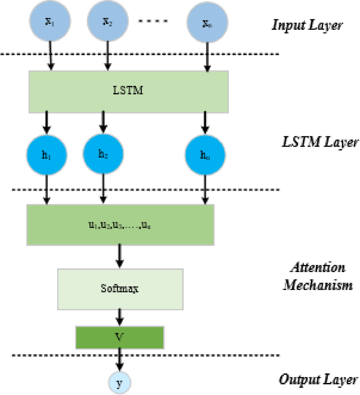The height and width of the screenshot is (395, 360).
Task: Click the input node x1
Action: click(x=50, y=21)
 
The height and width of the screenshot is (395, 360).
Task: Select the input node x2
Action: click(x=108, y=21)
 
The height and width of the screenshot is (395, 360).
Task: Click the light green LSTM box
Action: click(x=129, y=90)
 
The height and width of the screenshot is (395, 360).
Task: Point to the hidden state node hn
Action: click(x=205, y=155)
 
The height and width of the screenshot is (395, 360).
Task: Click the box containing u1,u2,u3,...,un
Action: click(x=120, y=224)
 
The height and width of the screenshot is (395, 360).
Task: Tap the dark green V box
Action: click(x=120, y=337)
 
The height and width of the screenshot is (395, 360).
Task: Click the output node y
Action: click(x=120, y=383)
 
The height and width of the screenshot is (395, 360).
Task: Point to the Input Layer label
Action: click(x=307, y=26)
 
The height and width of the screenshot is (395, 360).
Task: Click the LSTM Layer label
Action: click(x=320, y=143)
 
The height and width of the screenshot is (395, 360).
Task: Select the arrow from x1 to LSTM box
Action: click(x=50, y=56)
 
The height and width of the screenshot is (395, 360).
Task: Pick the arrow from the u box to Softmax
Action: click(x=120, y=256)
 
